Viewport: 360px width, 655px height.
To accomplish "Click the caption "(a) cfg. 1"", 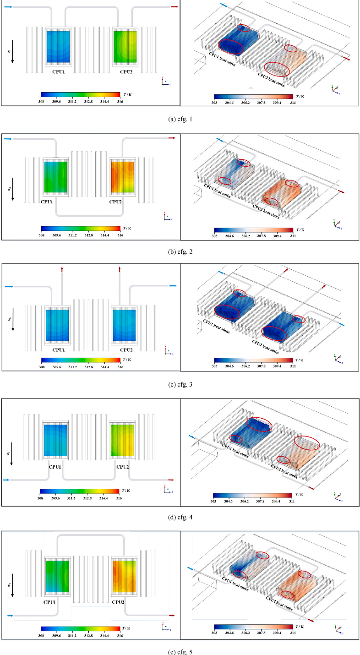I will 180,120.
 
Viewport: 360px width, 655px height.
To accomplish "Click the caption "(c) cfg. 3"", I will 180,384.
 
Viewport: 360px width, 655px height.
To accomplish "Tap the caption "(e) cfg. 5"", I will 180,651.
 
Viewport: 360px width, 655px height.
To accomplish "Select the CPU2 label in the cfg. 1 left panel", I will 126,72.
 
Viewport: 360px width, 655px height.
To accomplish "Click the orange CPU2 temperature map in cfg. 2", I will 122,177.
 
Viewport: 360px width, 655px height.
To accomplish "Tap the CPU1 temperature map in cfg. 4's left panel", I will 55,441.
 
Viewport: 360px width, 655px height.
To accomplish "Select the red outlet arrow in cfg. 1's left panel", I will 174,7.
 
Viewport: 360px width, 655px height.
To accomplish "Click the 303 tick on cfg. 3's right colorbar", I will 214,366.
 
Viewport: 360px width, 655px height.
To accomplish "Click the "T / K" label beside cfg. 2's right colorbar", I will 300,229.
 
